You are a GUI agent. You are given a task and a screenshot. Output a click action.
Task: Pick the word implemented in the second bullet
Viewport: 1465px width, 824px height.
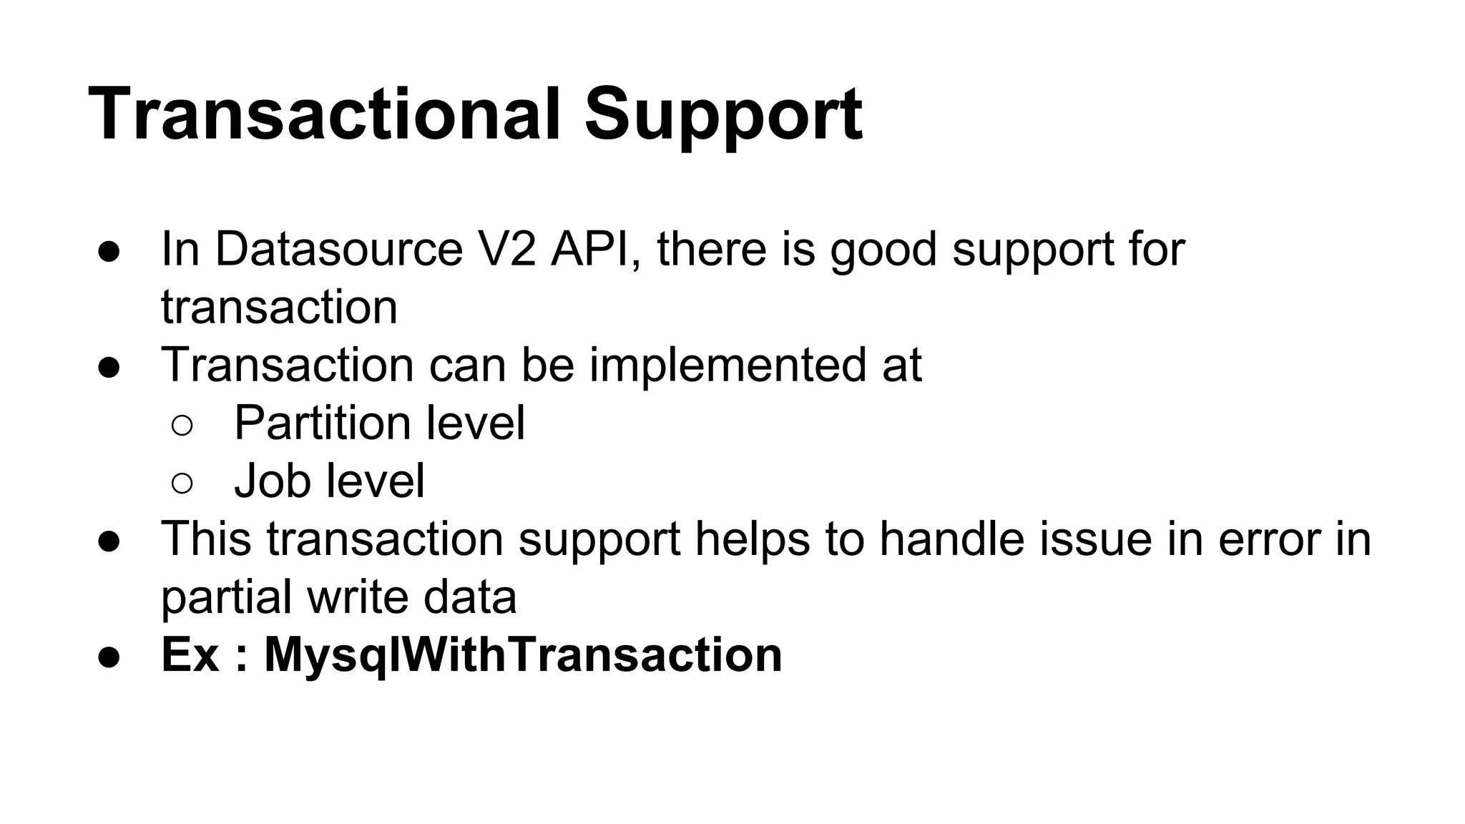click(727, 366)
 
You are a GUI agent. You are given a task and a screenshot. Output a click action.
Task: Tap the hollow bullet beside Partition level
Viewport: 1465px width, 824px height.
click(182, 426)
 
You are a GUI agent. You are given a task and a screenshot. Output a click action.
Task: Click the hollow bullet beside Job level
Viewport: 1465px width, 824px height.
click(182, 484)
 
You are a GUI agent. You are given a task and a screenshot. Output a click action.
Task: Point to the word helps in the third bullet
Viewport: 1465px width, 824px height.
click(753, 540)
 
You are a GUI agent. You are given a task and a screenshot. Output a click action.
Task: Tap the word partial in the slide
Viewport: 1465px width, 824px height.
click(226, 598)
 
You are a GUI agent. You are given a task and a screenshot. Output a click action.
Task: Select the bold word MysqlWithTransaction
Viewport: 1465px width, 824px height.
click(523, 656)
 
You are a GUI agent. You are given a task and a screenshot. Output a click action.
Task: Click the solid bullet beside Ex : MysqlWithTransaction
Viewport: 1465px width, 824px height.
click(109, 657)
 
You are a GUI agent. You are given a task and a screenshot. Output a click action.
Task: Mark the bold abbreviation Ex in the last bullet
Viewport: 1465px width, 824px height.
click(190, 654)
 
